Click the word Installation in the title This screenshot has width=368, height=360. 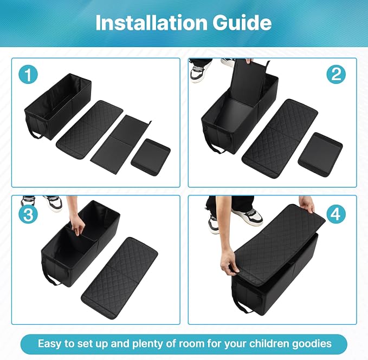(151, 22)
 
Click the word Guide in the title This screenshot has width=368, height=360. (242, 22)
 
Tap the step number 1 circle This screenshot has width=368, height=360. (28, 74)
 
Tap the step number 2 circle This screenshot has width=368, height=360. (336, 74)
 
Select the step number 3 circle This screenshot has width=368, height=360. (28, 214)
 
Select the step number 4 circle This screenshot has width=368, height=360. (336, 214)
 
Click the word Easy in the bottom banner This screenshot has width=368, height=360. (49, 344)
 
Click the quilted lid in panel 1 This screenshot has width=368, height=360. (89, 129)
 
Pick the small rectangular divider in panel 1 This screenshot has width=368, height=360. (151, 156)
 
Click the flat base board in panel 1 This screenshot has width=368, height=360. (121, 143)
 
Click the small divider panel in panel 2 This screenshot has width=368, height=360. (320, 154)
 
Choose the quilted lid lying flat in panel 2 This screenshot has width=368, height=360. (280, 138)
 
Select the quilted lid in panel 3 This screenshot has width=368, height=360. (119, 278)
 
